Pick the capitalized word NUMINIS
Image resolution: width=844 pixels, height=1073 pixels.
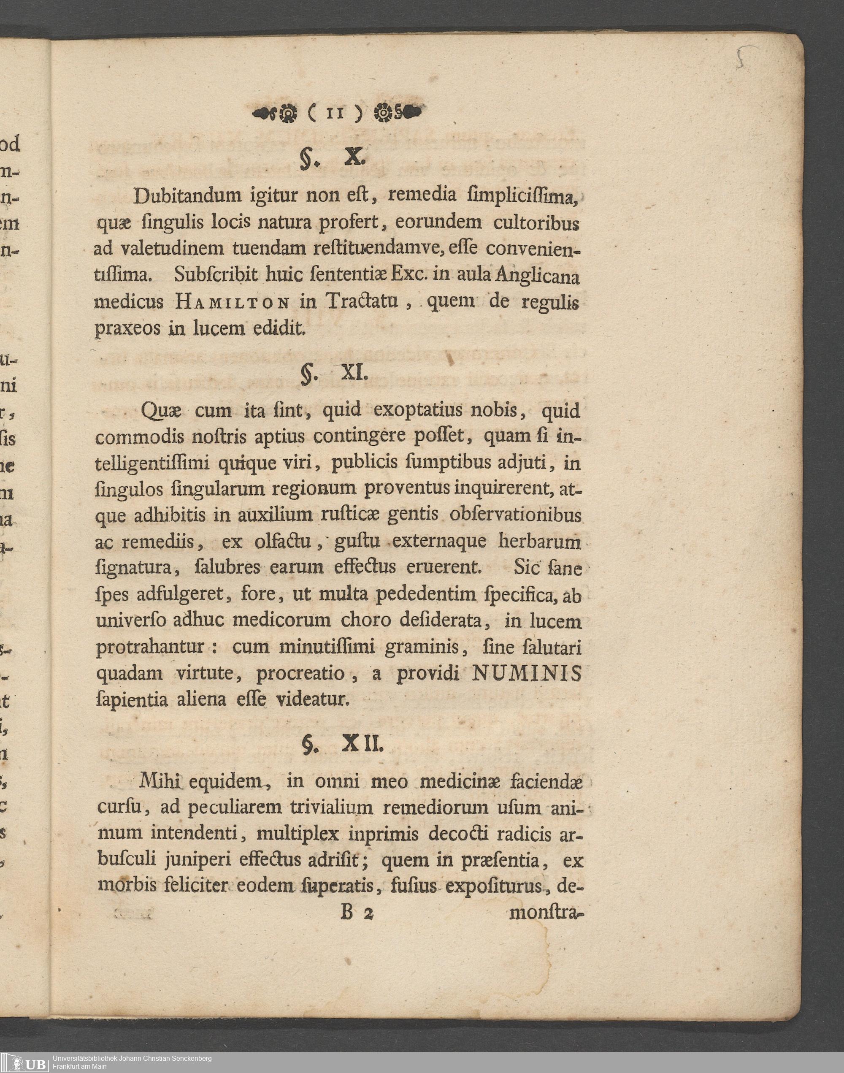pos(527,673)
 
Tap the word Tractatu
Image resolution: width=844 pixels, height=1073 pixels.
pos(362,301)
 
